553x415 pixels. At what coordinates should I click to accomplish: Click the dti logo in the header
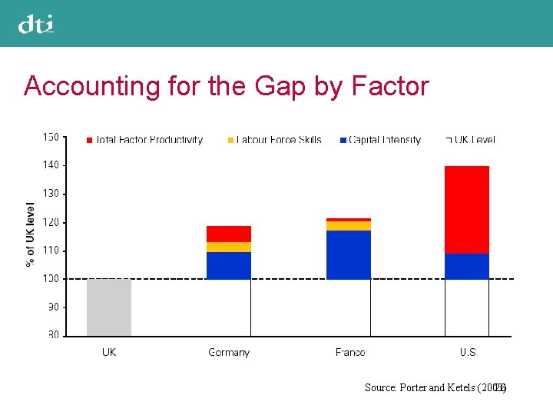coord(36,25)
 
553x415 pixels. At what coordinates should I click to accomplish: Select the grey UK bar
coord(109,307)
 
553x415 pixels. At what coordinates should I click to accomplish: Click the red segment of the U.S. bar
coord(467,209)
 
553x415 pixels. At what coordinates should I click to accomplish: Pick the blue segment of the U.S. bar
coord(467,266)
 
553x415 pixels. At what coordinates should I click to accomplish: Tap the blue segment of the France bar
coord(349,254)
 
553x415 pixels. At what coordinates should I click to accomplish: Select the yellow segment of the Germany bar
coord(229,247)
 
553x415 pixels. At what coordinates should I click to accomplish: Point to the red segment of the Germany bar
coord(229,234)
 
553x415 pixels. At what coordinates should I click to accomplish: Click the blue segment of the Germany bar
coord(229,265)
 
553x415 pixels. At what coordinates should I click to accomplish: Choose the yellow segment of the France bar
coord(349,226)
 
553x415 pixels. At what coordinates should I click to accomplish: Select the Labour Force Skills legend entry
coord(274,140)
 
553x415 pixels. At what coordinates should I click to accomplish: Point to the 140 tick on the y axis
coord(51,165)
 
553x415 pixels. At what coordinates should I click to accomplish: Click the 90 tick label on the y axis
coord(53,307)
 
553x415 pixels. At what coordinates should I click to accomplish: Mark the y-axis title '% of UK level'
coord(31,234)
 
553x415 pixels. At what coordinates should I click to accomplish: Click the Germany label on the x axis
coord(229,353)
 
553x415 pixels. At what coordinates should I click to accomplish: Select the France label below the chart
coord(349,353)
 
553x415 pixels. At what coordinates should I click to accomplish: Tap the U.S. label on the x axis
coord(468,353)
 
